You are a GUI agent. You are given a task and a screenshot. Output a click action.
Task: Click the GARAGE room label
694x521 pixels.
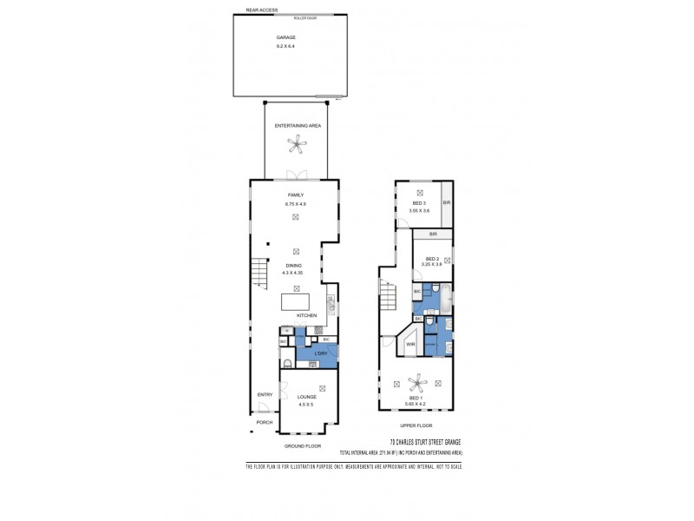click(x=286, y=37)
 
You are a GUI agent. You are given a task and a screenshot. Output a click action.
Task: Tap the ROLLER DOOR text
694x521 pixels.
click(x=305, y=16)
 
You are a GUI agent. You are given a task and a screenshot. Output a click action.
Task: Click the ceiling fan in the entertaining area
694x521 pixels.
click(x=298, y=147)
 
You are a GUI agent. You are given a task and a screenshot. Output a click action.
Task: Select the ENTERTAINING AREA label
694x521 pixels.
click(x=298, y=126)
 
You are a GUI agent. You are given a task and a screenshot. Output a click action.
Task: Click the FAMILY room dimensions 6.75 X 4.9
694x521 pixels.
click(x=297, y=202)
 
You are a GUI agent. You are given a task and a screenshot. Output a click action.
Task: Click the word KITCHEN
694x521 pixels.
click(x=307, y=315)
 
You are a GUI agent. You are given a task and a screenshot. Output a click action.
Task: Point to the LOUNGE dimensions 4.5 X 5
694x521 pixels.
click(x=307, y=404)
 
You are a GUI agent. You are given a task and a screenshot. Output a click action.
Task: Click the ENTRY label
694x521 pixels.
click(x=265, y=395)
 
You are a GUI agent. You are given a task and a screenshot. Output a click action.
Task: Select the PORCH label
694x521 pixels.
click(x=265, y=422)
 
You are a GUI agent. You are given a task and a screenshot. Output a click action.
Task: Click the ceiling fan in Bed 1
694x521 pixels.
click(x=419, y=381)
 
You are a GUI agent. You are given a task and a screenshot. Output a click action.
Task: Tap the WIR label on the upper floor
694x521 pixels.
click(x=412, y=345)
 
